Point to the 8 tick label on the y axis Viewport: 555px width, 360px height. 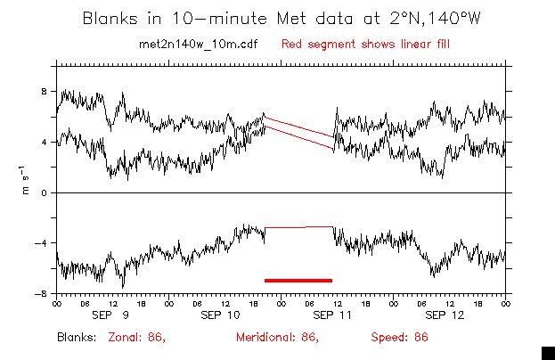(x=45, y=91)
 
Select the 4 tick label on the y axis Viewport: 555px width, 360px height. (x=45, y=142)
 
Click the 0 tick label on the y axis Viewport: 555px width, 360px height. (x=45, y=192)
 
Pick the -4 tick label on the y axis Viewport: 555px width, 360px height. (x=41, y=243)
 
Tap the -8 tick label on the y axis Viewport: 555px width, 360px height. (x=41, y=294)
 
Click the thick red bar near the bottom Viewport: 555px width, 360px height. (x=298, y=280)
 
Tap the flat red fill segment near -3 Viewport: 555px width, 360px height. (x=299, y=227)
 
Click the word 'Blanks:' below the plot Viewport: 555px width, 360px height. (x=78, y=338)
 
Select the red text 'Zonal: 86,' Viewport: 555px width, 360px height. (x=137, y=338)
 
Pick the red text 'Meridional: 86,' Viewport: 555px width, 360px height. (x=277, y=338)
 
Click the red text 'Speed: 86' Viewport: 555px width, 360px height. (x=400, y=338)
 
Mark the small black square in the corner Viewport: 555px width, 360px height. (x=548, y=352)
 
